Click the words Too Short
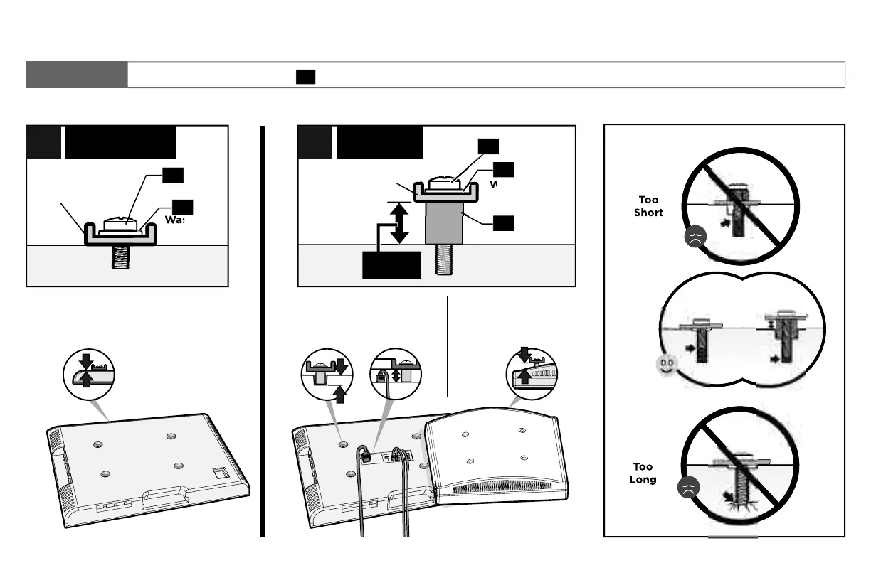(648, 206)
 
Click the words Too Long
(643, 473)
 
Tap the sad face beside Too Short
(692, 239)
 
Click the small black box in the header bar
(306, 77)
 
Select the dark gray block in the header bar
(77, 75)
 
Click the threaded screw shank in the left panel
(126, 257)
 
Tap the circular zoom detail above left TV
(88, 370)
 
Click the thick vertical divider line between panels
(263, 331)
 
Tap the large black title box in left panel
(120, 142)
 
